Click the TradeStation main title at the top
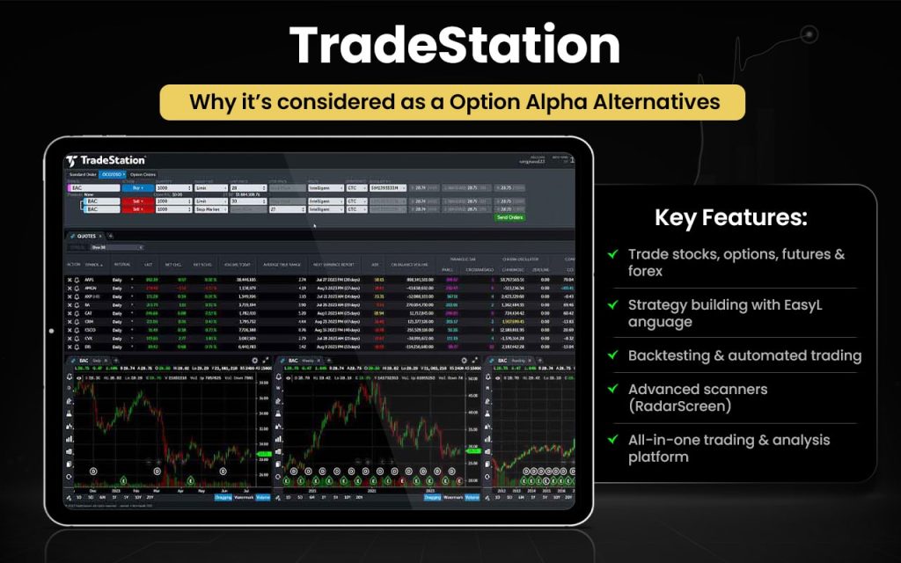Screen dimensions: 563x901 [450, 44]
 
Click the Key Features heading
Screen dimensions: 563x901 [730, 218]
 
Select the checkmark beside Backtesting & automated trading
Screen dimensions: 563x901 [612, 355]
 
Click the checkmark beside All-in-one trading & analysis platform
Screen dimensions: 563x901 [612, 440]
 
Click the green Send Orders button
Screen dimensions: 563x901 [509, 217]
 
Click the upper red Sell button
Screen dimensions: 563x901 [137, 201]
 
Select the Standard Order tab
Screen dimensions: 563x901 [83, 175]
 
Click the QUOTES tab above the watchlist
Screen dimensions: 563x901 [85, 236]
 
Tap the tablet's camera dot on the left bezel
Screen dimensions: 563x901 [51, 332]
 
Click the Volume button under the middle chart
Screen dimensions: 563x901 [472, 497]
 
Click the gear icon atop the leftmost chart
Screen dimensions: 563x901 [254, 361]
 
